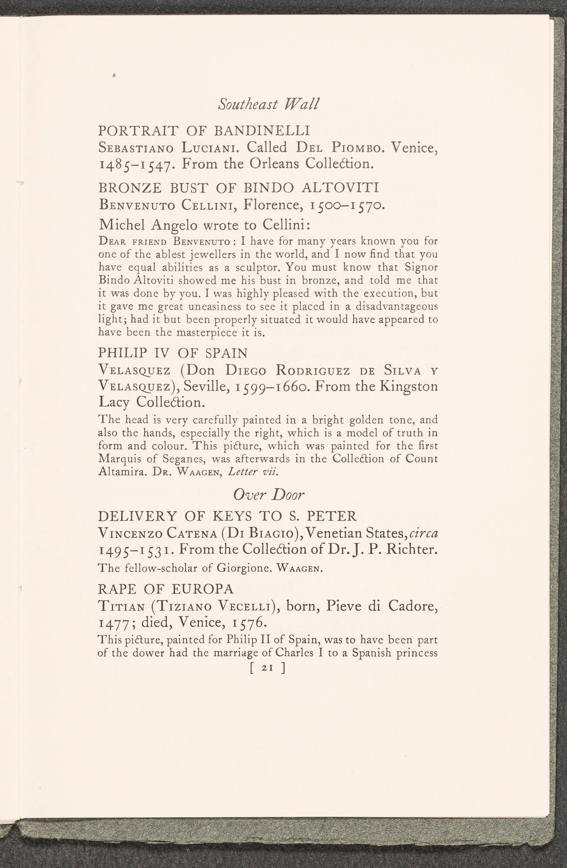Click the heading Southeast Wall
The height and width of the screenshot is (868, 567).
coord(269,105)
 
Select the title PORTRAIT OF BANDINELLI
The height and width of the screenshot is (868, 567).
coord(204,131)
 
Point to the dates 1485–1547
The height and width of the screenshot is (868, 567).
coord(137,164)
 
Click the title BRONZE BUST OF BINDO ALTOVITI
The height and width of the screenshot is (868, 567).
coord(239,188)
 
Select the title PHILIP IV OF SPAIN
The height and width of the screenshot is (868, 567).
coord(173,352)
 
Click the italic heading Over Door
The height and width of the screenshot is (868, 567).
coord(269,495)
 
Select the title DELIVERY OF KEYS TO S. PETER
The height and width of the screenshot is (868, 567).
coord(227,516)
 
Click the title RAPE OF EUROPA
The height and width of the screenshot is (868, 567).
coord(166,589)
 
